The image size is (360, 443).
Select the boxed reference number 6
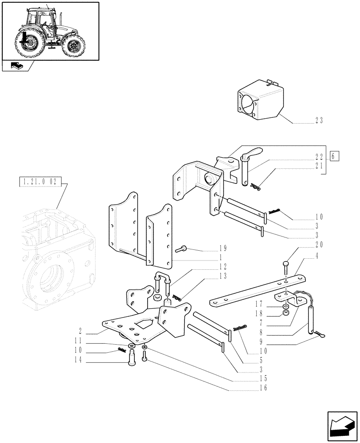tap(335, 156)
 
